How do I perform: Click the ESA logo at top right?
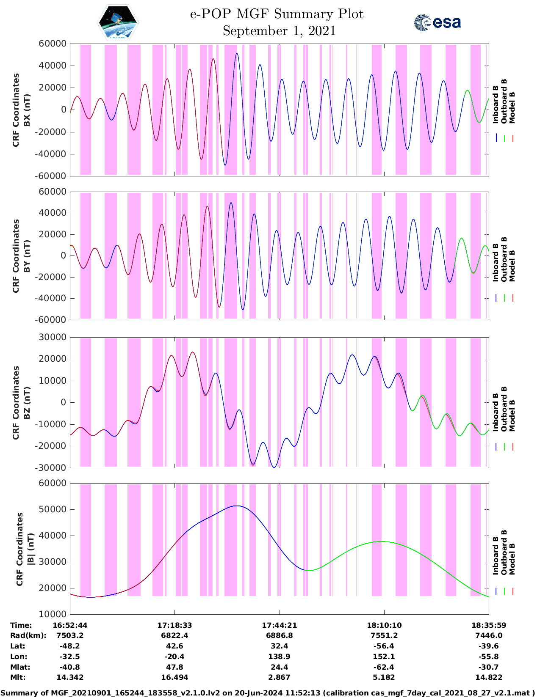coord(438,22)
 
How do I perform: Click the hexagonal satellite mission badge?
coord(118,22)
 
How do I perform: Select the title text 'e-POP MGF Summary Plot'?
coord(277,14)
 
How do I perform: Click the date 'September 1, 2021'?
coord(279,31)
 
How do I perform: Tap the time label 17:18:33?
coord(174,625)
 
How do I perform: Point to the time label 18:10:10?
coord(384,625)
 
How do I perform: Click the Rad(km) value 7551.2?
coord(384,635)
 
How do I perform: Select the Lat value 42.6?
coord(174,646)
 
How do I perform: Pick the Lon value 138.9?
coord(280,657)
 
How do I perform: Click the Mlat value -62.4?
coord(384,667)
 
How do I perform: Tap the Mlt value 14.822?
coord(489,677)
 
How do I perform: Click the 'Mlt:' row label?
coord(18,677)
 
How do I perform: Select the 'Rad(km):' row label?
coord(28,635)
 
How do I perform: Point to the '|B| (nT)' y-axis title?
coord(30,549)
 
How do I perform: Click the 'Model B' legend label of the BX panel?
coord(512,107)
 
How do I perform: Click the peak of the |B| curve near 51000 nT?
coord(237,506)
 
